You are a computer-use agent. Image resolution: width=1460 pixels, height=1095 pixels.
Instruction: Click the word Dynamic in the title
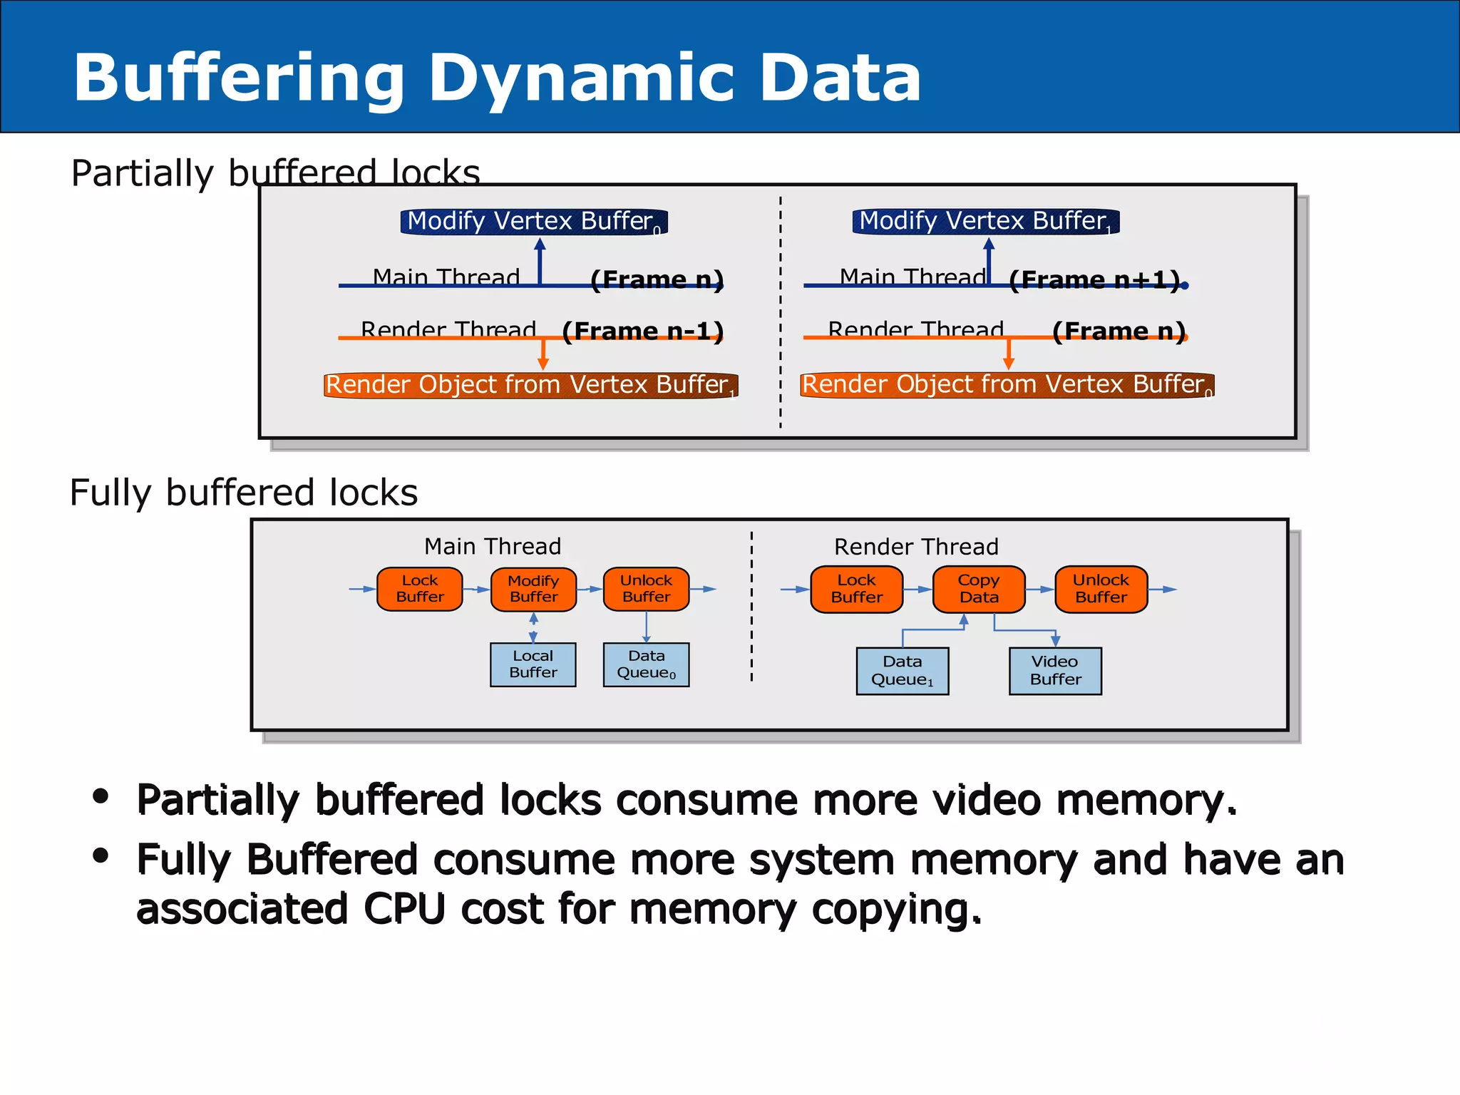580,78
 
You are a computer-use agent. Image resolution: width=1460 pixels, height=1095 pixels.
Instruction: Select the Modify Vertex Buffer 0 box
533,222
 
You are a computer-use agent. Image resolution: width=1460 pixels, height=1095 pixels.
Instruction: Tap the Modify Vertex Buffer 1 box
985,222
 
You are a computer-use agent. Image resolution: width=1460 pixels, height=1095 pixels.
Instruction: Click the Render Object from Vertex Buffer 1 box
530,385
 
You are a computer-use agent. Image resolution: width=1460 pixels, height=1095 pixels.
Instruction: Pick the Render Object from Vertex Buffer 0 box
1007,385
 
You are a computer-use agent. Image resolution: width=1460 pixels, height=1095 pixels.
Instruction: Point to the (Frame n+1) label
1094,280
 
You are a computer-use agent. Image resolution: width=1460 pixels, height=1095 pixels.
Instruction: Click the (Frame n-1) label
642,331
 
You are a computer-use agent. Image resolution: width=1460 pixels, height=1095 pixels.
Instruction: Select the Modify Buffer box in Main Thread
533,589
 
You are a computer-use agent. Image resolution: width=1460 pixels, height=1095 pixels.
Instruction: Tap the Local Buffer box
533,664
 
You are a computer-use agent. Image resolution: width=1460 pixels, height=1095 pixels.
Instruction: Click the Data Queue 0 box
646,664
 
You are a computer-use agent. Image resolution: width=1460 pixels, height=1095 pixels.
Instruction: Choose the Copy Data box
978,589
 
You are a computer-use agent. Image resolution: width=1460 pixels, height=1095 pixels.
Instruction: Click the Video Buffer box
1055,671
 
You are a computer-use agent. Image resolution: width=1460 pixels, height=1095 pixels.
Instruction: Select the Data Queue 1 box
902,671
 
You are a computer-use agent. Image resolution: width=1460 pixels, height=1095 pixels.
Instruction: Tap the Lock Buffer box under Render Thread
856,589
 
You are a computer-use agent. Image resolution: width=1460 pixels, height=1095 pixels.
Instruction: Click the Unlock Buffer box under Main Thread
646,589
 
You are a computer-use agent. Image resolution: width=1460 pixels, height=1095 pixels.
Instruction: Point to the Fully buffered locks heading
243,493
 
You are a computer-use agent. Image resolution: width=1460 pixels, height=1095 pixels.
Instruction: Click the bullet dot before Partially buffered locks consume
101,796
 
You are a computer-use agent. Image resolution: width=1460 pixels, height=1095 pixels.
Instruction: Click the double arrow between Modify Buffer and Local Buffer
533,628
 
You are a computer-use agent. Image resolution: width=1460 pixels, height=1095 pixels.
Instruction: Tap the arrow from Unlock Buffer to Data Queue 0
646,627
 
